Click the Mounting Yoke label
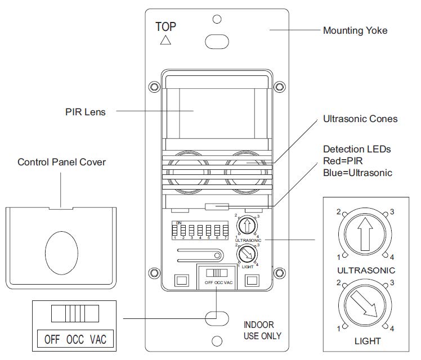coord(355,30)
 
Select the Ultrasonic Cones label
coord(360,119)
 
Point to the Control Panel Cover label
coord(62,162)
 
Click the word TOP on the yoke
coord(166,26)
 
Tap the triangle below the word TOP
coord(165,40)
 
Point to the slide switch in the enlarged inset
coord(70,313)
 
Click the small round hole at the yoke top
coord(217,19)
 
